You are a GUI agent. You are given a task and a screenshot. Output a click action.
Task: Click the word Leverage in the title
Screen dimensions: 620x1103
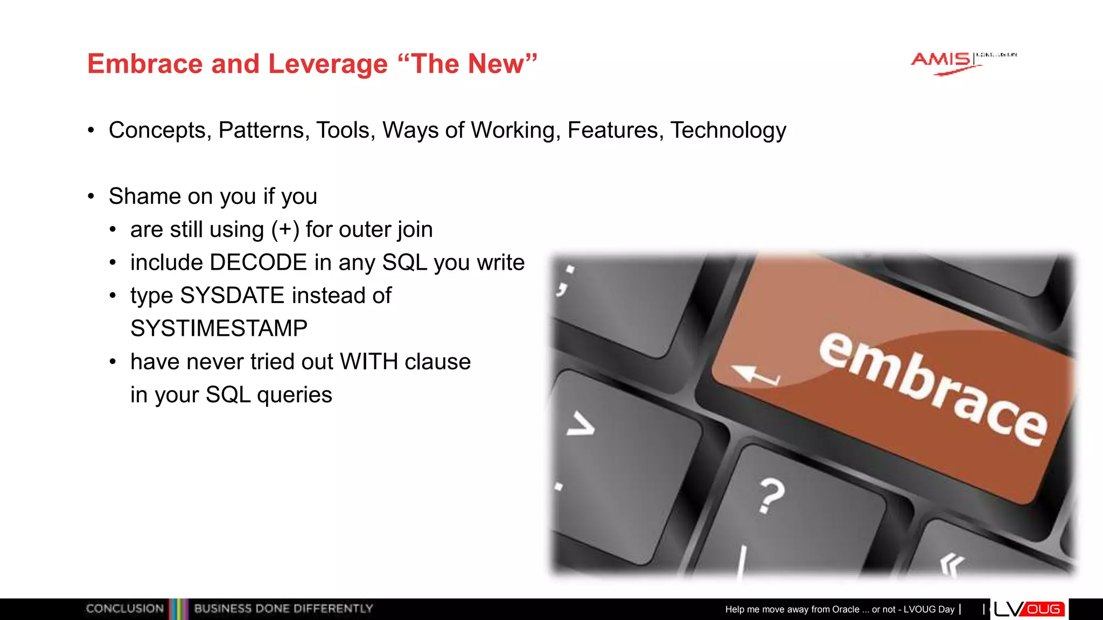[x=327, y=65]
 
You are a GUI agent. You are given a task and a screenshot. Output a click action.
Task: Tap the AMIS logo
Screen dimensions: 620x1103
[x=943, y=62]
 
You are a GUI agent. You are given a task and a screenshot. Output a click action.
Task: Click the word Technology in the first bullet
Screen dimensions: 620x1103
[x=728, y=131]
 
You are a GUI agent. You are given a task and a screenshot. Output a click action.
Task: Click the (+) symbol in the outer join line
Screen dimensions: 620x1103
[x=285, y=230]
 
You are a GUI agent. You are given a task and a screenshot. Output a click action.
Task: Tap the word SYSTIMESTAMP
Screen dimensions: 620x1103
[x=219, y=329]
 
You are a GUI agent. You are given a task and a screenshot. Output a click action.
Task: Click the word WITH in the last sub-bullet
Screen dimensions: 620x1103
[x=369, y=362]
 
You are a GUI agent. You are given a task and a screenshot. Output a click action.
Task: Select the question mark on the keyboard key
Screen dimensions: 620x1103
[x=771, y=495]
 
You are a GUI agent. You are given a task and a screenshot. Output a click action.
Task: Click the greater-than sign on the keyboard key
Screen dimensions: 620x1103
[x=581, y=424]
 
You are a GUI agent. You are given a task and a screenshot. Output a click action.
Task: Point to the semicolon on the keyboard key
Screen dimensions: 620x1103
[x=566, y=280]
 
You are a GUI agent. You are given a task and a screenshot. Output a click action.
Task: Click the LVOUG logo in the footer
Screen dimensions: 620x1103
[x=1029, y=609]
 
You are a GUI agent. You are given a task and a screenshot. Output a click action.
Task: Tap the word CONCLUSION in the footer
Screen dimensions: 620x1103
[x=124, y=609]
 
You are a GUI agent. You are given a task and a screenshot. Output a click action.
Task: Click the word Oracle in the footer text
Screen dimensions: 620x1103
[x=846, y=609]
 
